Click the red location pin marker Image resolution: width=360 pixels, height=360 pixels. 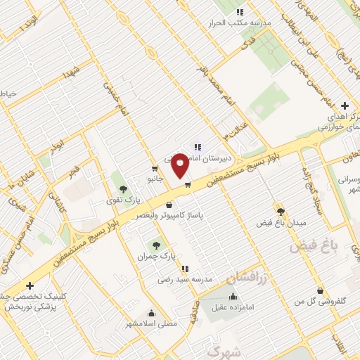[180, 165]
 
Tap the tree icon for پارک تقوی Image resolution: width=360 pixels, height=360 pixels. [124, 188]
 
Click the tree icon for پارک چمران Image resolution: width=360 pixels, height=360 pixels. [156, 245]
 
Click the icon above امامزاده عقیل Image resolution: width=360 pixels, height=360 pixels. [233, 296]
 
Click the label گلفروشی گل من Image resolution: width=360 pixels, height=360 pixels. [320, 301]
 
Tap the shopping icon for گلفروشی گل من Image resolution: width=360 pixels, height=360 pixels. [320, 290]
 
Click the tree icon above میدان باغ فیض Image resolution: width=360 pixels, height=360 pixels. [281, 212]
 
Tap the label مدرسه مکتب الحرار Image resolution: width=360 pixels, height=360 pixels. [240, 22]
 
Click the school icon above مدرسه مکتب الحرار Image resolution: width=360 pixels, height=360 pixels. [240, 12]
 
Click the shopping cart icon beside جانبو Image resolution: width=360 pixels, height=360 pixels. [155, 169]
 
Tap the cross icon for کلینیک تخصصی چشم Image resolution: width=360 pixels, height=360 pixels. [30, 286]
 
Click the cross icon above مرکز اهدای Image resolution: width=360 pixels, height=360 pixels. [345, 106]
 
